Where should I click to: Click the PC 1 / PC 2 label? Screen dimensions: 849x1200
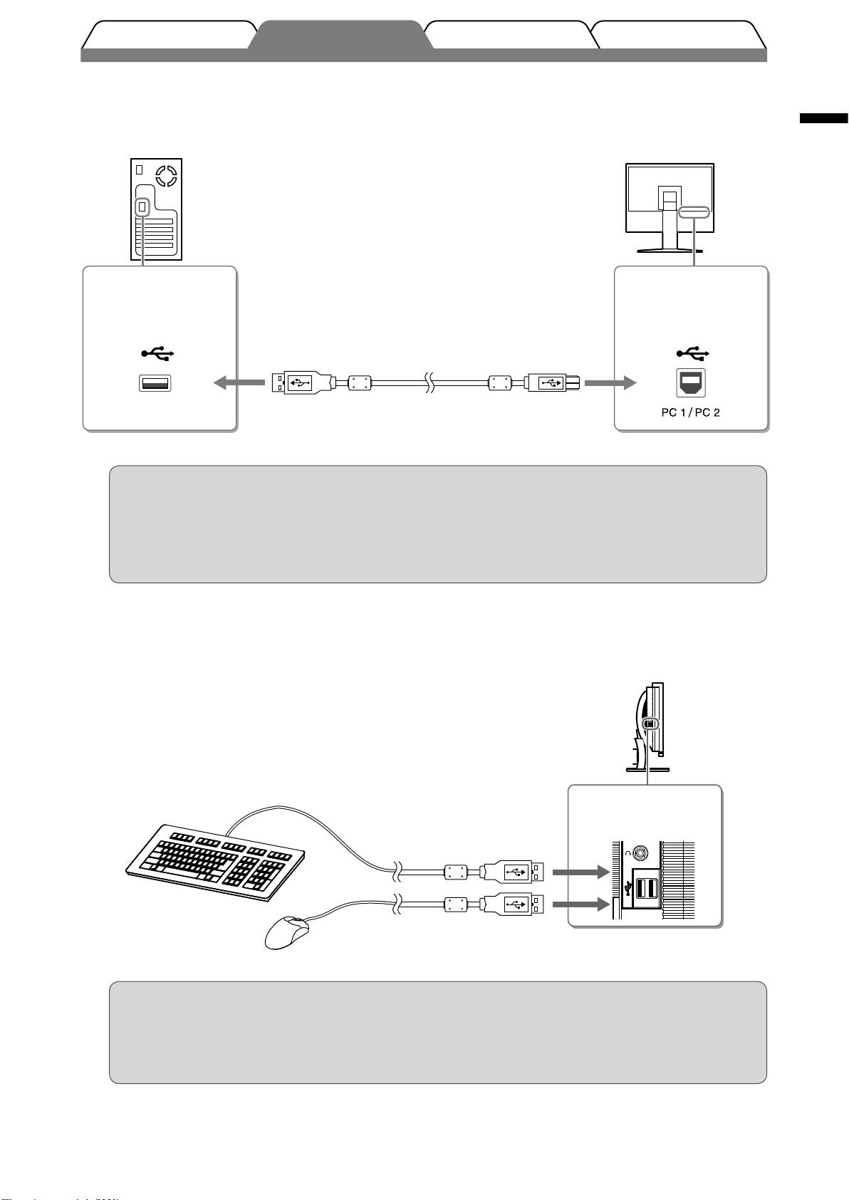tap(690, 412)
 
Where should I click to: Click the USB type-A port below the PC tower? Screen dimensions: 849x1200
tap(155, 383)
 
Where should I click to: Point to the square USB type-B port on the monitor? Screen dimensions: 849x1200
tap(690, 382)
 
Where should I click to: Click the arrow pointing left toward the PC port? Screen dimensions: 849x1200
tap(239, 382)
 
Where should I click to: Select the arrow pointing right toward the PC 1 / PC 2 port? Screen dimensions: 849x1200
tap(610, 382)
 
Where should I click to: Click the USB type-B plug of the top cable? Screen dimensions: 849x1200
tap(552, 382)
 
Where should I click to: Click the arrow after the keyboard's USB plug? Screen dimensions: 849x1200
tap(581, 872)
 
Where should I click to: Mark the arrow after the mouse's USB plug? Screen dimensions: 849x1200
tap(581, 904)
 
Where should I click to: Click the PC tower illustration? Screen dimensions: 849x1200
tap(157, 209)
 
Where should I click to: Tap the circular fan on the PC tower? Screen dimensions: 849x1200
tap(166, 176)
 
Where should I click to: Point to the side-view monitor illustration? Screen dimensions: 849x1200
tap(649, 727)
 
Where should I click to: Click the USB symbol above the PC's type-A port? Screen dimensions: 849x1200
tap(157, 353)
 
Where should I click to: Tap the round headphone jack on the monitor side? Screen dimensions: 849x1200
tap(640, 852)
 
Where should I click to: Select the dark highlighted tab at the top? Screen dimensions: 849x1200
tap(340, 36)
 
